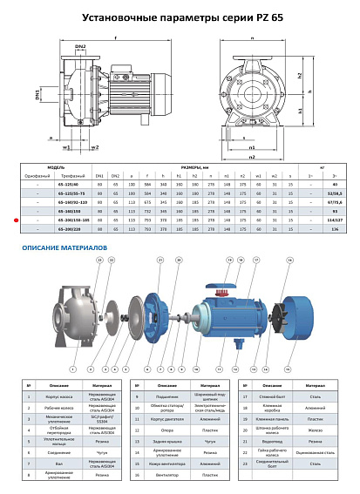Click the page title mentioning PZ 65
coord(179,16)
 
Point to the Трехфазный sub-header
coord(72,176)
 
